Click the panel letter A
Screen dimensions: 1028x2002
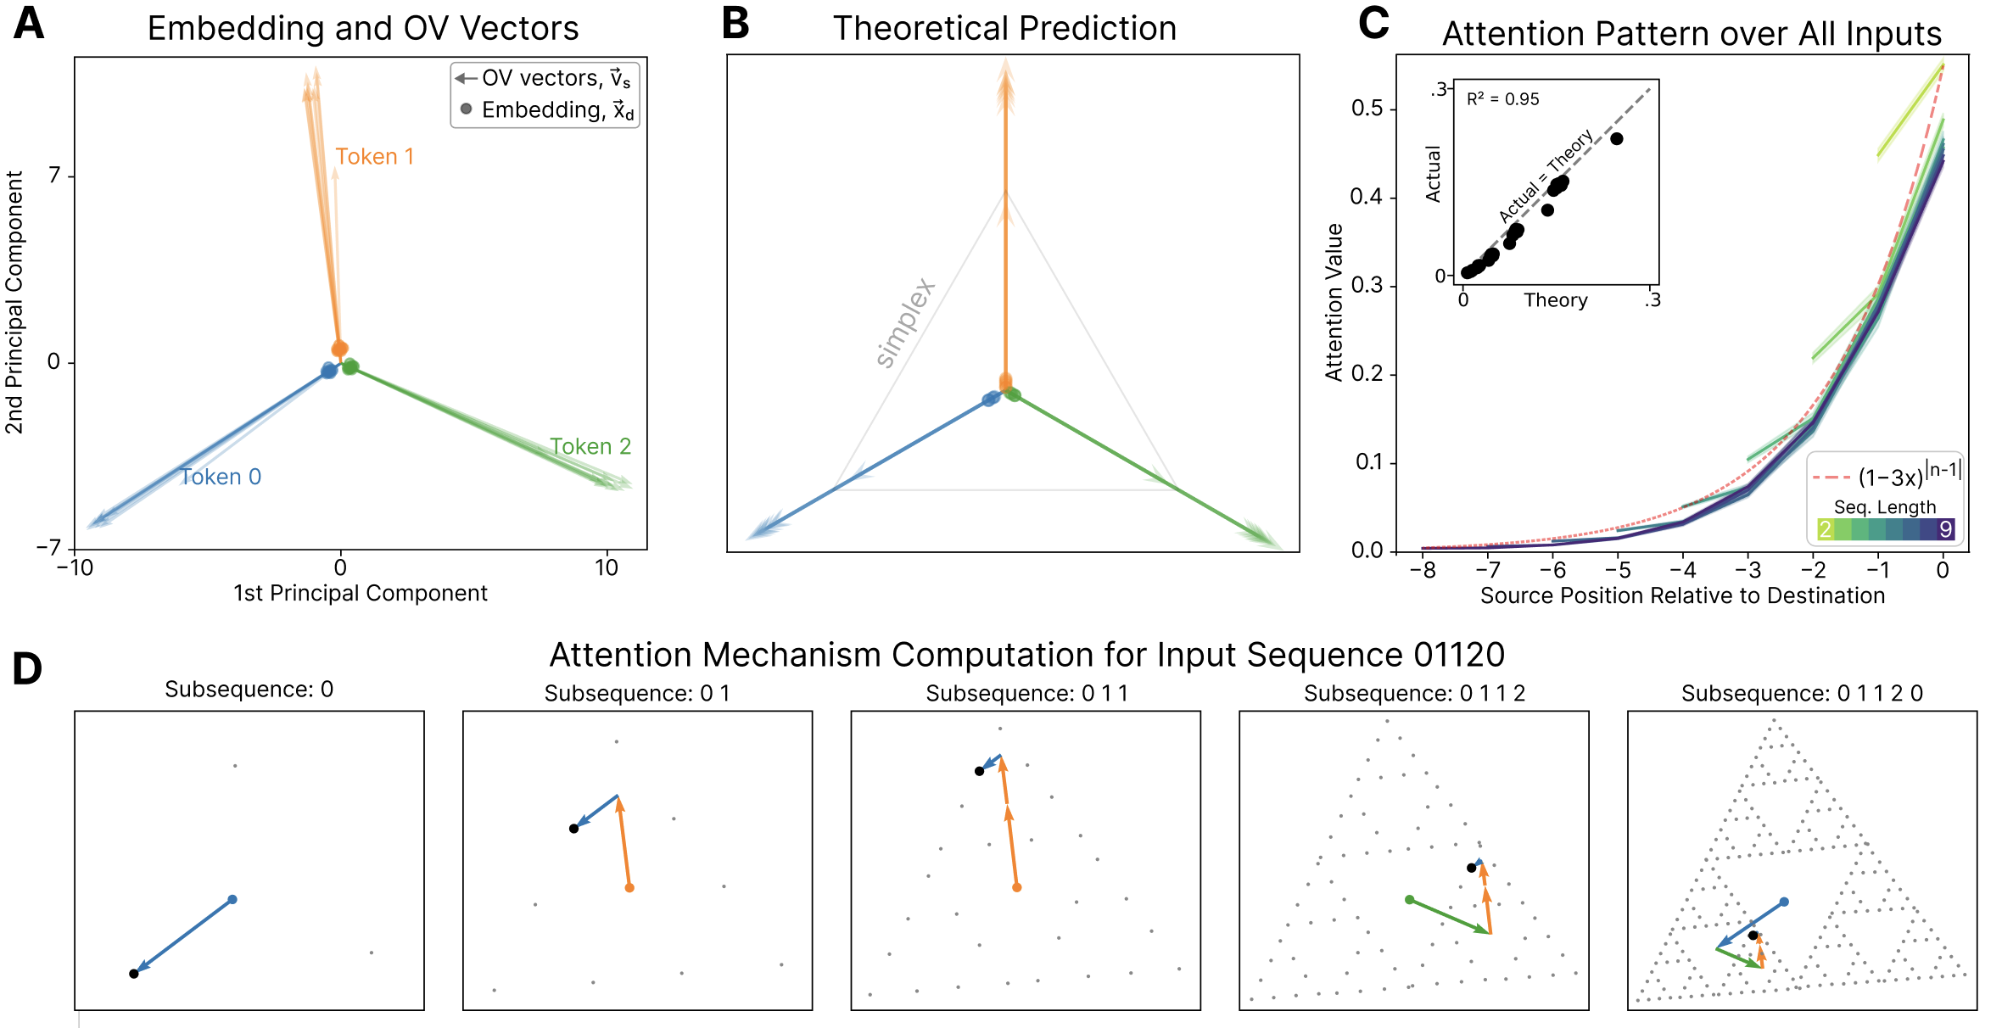tap(29, 24)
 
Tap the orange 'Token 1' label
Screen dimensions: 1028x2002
tap(374, 157)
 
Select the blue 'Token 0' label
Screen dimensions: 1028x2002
tap(221, 478)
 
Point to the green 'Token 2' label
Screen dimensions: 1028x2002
tap(590, 447)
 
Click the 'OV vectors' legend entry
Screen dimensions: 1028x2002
tap(544, 79)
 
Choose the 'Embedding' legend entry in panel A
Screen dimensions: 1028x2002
tap(547, 110)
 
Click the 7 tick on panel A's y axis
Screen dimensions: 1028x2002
tap(55, 176)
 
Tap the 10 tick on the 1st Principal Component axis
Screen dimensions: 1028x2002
tap(607, 568)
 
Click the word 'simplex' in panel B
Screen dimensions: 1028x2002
tap(905, 322)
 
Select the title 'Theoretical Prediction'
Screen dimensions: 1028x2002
tap(1004, 29)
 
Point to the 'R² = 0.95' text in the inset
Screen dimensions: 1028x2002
tap(1502, 99)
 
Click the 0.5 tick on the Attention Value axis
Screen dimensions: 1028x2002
tap(1367, 109)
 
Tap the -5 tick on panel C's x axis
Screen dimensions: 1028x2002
tap(1617, 570)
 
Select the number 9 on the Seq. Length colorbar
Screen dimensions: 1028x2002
tap(1946, 530)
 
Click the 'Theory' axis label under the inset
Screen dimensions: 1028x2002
tap(1555, 300)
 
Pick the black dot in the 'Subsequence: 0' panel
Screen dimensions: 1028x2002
tap(134, 974)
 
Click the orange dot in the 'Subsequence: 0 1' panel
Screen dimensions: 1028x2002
tap(629, 888)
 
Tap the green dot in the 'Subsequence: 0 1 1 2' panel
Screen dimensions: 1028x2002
tap(1409, 899)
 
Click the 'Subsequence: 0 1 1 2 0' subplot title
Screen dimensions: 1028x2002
tap(1802, 694)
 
